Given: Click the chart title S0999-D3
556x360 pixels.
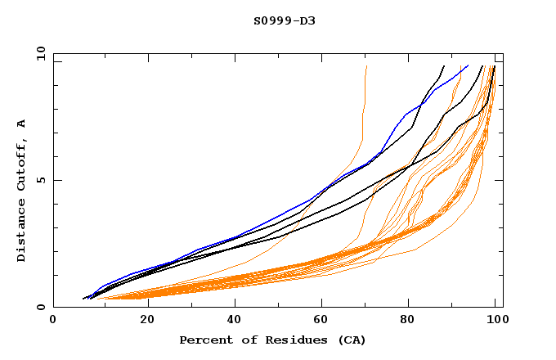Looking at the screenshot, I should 284,20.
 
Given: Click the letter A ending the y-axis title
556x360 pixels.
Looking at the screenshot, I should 21,124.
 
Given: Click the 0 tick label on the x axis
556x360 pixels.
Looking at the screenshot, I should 53,321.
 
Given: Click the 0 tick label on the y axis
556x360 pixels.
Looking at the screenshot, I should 40,308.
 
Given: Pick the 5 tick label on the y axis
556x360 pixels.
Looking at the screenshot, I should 40,180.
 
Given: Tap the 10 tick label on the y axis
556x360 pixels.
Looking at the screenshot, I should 38,53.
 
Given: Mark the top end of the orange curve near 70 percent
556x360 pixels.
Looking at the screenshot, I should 367,65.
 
